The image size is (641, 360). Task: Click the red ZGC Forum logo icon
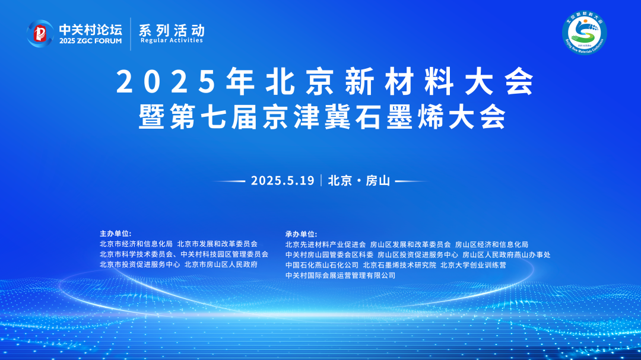[40, 34]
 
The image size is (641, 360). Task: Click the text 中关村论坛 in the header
[90, 28]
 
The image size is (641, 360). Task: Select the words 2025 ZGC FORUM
[90, 41]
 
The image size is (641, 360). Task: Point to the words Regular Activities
[172, 40]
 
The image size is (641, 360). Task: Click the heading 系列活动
[172, 29]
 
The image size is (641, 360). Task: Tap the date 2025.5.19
[282, 181]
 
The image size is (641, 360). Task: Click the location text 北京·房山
[358, 181]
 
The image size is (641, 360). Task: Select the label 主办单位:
[115, 233]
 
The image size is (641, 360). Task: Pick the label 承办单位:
[301, 234]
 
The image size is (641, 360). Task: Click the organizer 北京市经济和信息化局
[136, 244]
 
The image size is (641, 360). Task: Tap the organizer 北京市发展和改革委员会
[217, 244]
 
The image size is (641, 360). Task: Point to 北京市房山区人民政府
[221, 265]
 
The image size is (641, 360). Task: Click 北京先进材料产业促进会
[325, 244]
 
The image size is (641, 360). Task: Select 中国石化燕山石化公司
[322, 265]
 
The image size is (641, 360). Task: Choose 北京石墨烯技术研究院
[399, 265]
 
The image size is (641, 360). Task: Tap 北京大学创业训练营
[473, 265]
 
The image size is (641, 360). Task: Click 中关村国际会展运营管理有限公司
[340, 276]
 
